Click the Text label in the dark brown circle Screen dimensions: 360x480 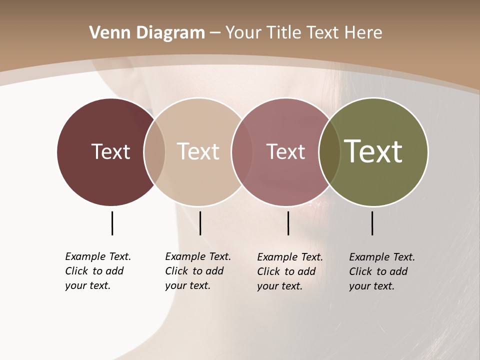(110, 151)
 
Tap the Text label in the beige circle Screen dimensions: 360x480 (198, 151)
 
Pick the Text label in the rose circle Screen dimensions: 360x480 (285, 151)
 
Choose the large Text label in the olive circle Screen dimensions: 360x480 (373, 151)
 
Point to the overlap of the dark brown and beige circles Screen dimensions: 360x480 (154, 151)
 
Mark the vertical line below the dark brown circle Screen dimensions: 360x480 (112, 223)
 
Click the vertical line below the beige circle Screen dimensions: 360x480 (200, 223)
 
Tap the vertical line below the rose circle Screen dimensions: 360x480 (288, 223)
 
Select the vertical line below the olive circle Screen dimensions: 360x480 (372, 223)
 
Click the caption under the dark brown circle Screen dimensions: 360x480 (98, 271)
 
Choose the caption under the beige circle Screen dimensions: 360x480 (198, 271)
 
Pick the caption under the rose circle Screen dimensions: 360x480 (290, 271)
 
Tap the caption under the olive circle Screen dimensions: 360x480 (382, 271)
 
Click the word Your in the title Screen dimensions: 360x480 (244, 33)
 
